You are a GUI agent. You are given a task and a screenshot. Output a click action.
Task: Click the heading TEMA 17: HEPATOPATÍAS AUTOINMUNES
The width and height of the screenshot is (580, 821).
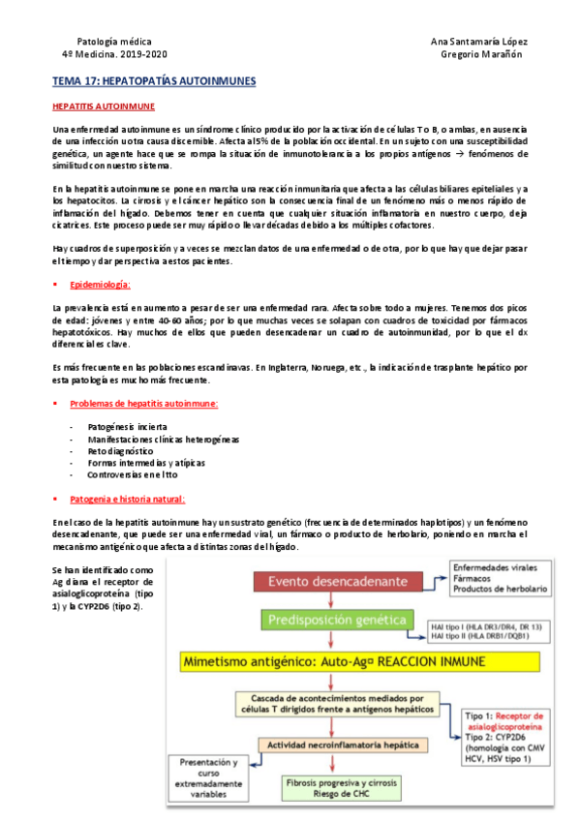pyautogui.click(x=153, y=82)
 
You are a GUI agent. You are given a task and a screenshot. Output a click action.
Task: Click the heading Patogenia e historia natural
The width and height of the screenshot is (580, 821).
pyautogui.click(x=127, y=499)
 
